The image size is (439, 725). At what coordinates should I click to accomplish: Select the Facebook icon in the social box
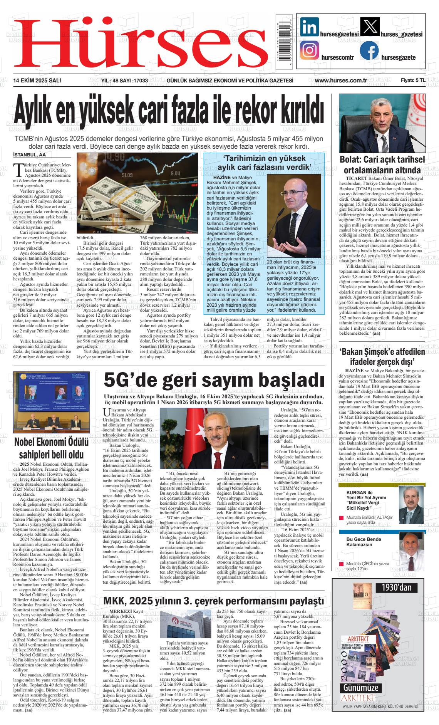tap(369, 51)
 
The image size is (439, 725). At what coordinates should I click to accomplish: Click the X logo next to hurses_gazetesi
tap(369, 27)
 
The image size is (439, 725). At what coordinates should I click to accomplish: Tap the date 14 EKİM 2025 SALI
tap(37, 81)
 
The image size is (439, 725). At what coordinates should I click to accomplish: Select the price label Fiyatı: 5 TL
tap(413, 81)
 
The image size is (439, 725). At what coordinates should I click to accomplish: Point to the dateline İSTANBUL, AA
tap(29, 155)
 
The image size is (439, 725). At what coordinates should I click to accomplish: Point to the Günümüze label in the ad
tap(361, 688)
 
